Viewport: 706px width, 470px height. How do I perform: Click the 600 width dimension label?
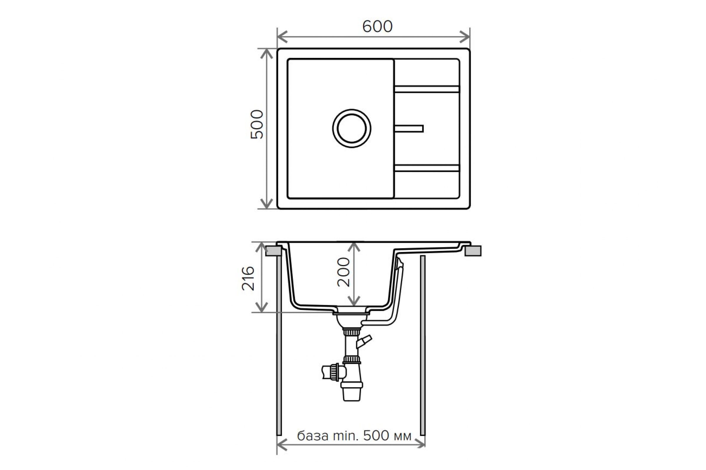click(x=377, y=27)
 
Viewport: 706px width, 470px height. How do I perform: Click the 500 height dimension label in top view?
click(x=257, y=124)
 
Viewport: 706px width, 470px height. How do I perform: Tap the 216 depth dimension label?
click(x=248, y=278)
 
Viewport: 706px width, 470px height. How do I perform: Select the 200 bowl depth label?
click(x=344, y=272)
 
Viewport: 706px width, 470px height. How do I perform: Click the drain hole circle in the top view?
click(x=352, y=128)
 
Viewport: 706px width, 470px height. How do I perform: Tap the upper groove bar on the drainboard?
click(x=427, y=89)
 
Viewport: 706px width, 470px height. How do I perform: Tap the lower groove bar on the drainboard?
click(x=427, y=168)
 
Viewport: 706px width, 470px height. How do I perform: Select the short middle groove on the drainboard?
click(x=409, y=129)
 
